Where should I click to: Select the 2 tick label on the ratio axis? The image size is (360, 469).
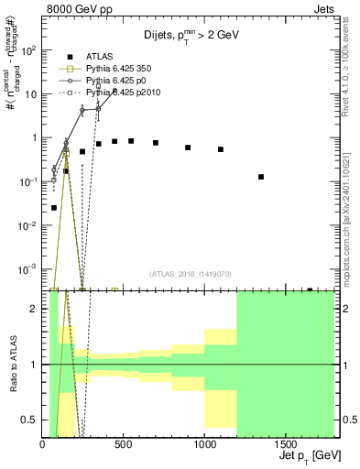click(x=35, y=309)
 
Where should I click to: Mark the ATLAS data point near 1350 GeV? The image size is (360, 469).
click(x=261, y=177)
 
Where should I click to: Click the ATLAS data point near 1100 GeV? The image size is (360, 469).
click(x=221, y=149)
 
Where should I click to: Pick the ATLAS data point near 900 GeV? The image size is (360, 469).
click(x=188, y=147)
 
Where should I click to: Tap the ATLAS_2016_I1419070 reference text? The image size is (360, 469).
click(x=190, y=273)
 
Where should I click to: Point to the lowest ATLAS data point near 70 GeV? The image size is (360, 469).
click(x=54, y=208)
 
